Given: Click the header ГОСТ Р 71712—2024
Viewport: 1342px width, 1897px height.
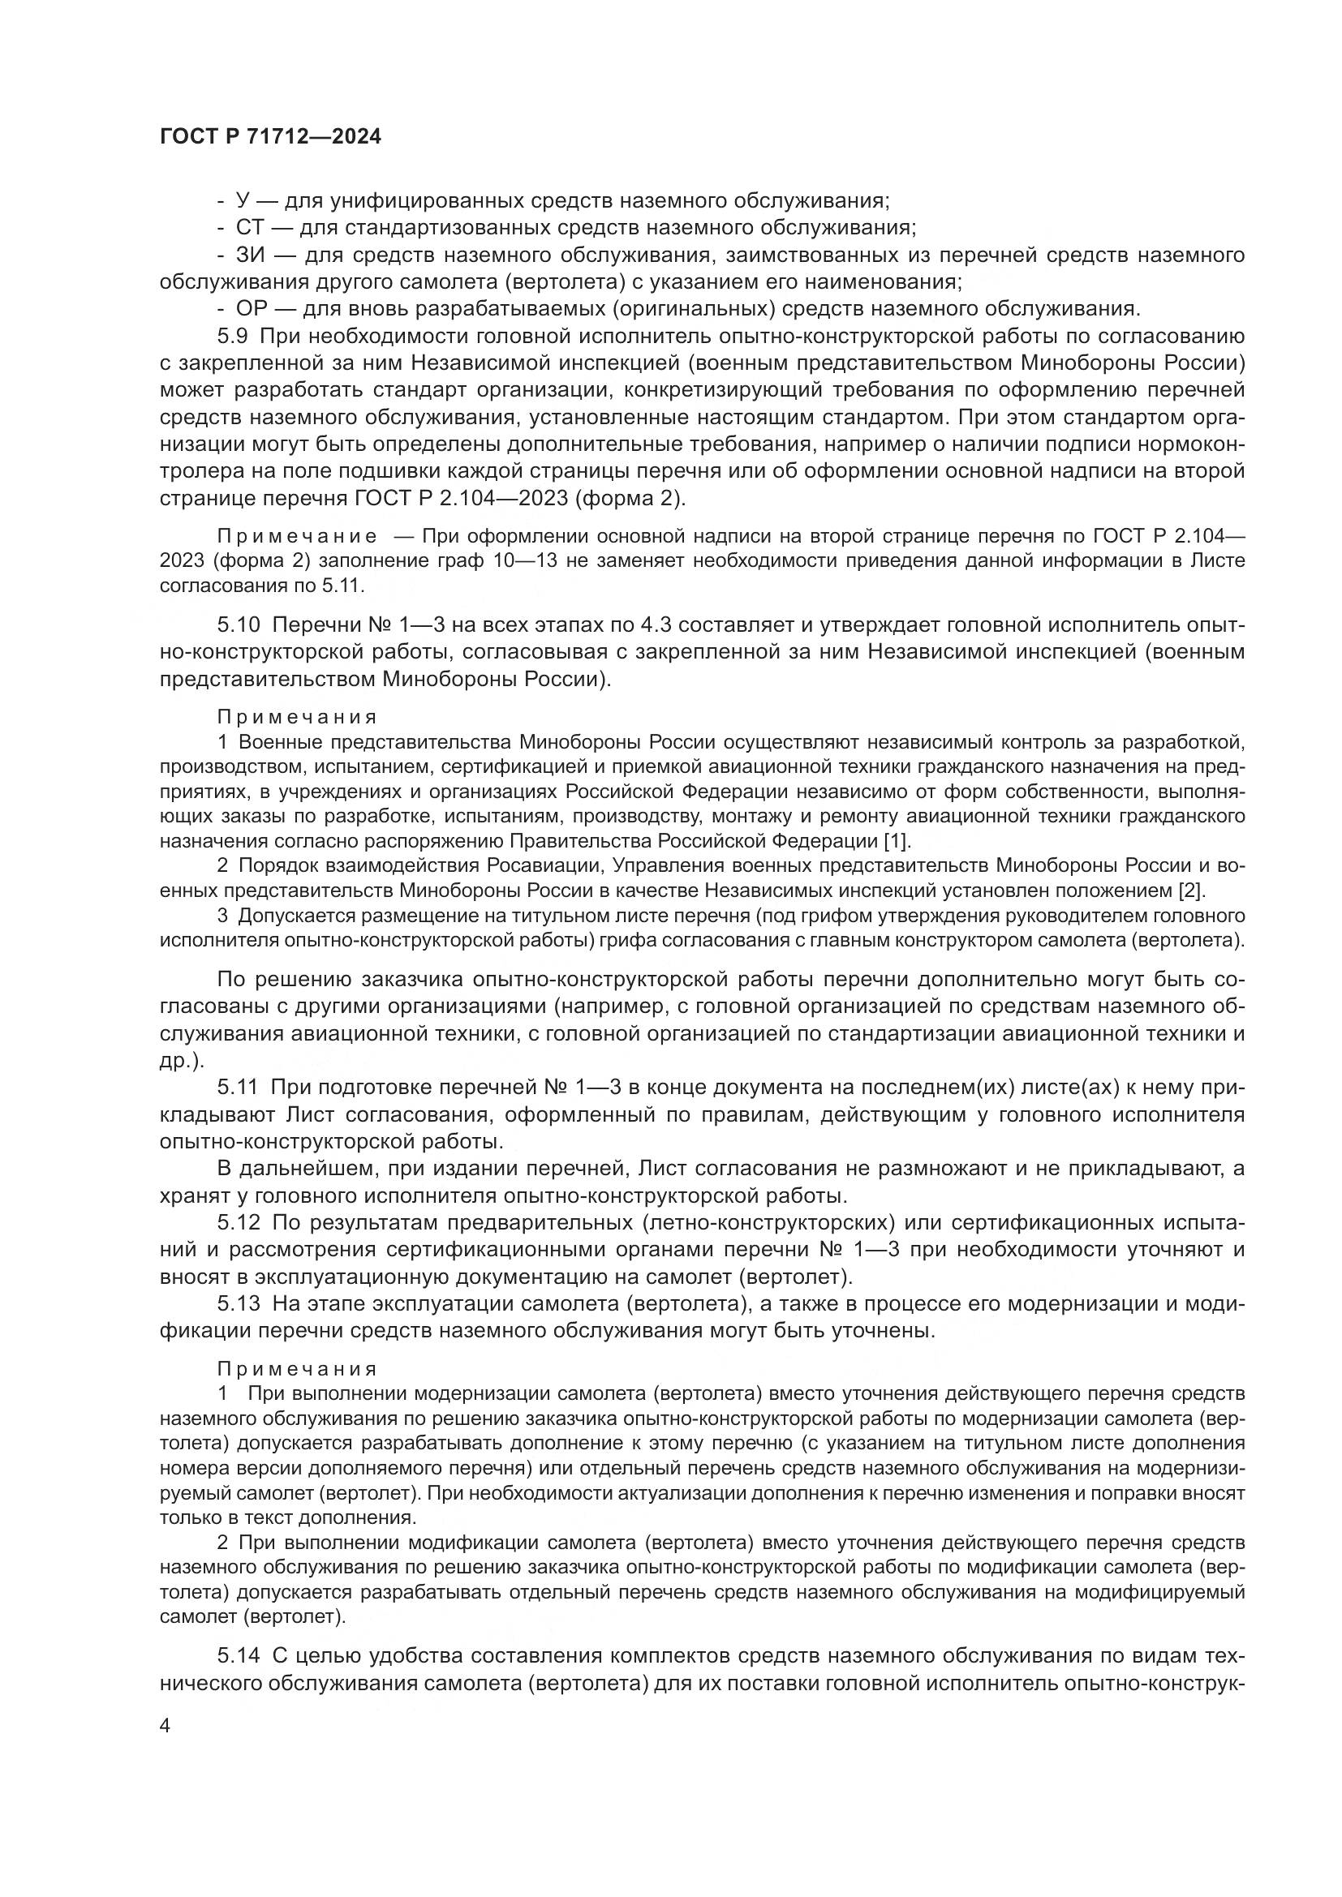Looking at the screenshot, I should [270, 137].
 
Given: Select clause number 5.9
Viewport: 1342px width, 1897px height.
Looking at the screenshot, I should [234, 337].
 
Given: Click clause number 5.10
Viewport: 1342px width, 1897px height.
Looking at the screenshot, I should [239, 624].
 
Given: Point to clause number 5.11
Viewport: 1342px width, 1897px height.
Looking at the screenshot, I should [239, 1088].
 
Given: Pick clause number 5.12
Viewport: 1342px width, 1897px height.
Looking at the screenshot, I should [239, 1222].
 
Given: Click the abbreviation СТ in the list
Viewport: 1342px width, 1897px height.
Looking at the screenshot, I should [250, 228].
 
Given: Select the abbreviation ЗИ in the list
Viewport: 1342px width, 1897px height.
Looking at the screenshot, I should [250, 255].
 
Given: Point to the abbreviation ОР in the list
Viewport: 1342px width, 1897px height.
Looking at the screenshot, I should [251, 309].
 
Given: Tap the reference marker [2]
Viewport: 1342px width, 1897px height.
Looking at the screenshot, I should [1191, 891].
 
